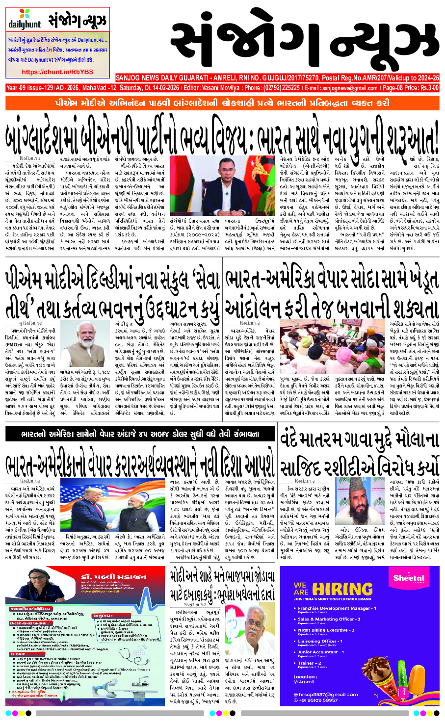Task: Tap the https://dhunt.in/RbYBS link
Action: [57, 72]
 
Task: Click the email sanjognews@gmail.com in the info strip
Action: [349, 88]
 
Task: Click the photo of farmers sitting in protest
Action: [309, 343]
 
